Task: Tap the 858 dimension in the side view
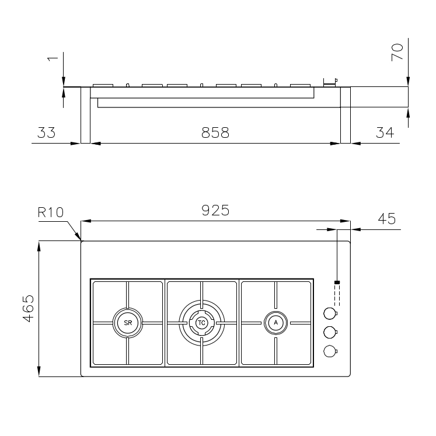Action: tap(215, 133)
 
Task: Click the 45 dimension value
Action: tap(387, 219)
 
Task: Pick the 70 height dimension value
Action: tap(397, 52)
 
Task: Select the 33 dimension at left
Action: tap(46, 133)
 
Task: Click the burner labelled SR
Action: tap(127, 322)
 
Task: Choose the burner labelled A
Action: tap(276, 322)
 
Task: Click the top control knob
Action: tap(330, 313)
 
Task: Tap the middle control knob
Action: tap(330, 332)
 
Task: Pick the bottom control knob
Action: tap(330, 351)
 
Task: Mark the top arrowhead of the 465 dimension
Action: tap(39, 244)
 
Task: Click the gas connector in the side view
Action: tap(330, 82)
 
